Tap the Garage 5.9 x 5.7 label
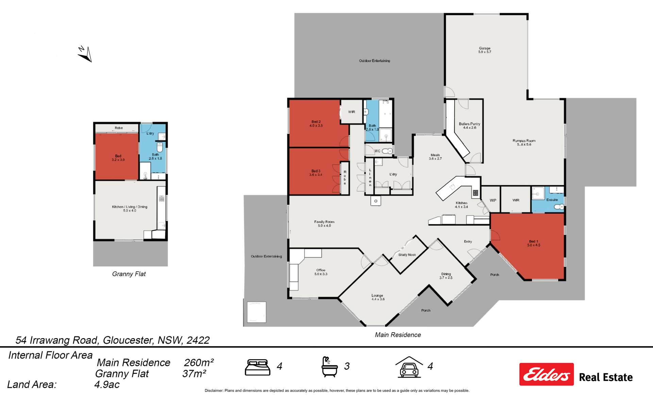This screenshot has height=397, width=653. pyautogui.click(x=485, y=50)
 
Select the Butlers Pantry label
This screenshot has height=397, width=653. pyautogui.click(x=469, y=126)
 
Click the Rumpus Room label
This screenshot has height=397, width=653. pyautogui.click(x=524, y=142)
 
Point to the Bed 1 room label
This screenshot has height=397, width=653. pyautogui.click(x=533, y=243)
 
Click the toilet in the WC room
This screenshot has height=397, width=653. pyautogui.click(x=387, y=151)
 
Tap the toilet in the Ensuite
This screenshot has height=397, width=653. pyautogui.click(x=559, y=207)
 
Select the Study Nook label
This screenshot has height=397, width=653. pyautogui.click(x=407, y=255)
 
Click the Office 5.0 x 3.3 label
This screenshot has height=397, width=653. pyautogui.click(x=321, y=272)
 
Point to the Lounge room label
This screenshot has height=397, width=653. pyautogui.click(x=378, y=297)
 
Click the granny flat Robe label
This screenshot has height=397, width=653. pyautogui.click(x=119, y=128)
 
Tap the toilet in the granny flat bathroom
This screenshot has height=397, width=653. pyautogui.click(x=160, y=147)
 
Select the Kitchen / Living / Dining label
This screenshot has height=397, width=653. pyautogui.click(x=130, y=208)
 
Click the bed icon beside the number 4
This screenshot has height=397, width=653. pyautogui.click(x=257, y=367)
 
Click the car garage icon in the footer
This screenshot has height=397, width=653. pyautogui.click(x=409, y=367)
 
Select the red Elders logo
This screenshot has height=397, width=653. pyautogui.click(x=546, y=374)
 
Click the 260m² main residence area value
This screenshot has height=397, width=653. pyautogui.click(x=199, y=363)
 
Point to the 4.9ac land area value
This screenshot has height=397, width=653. pyautogui.click(x=107, y=384)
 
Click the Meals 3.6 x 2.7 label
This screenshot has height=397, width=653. pyautogui.click(x=435, y=157)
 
